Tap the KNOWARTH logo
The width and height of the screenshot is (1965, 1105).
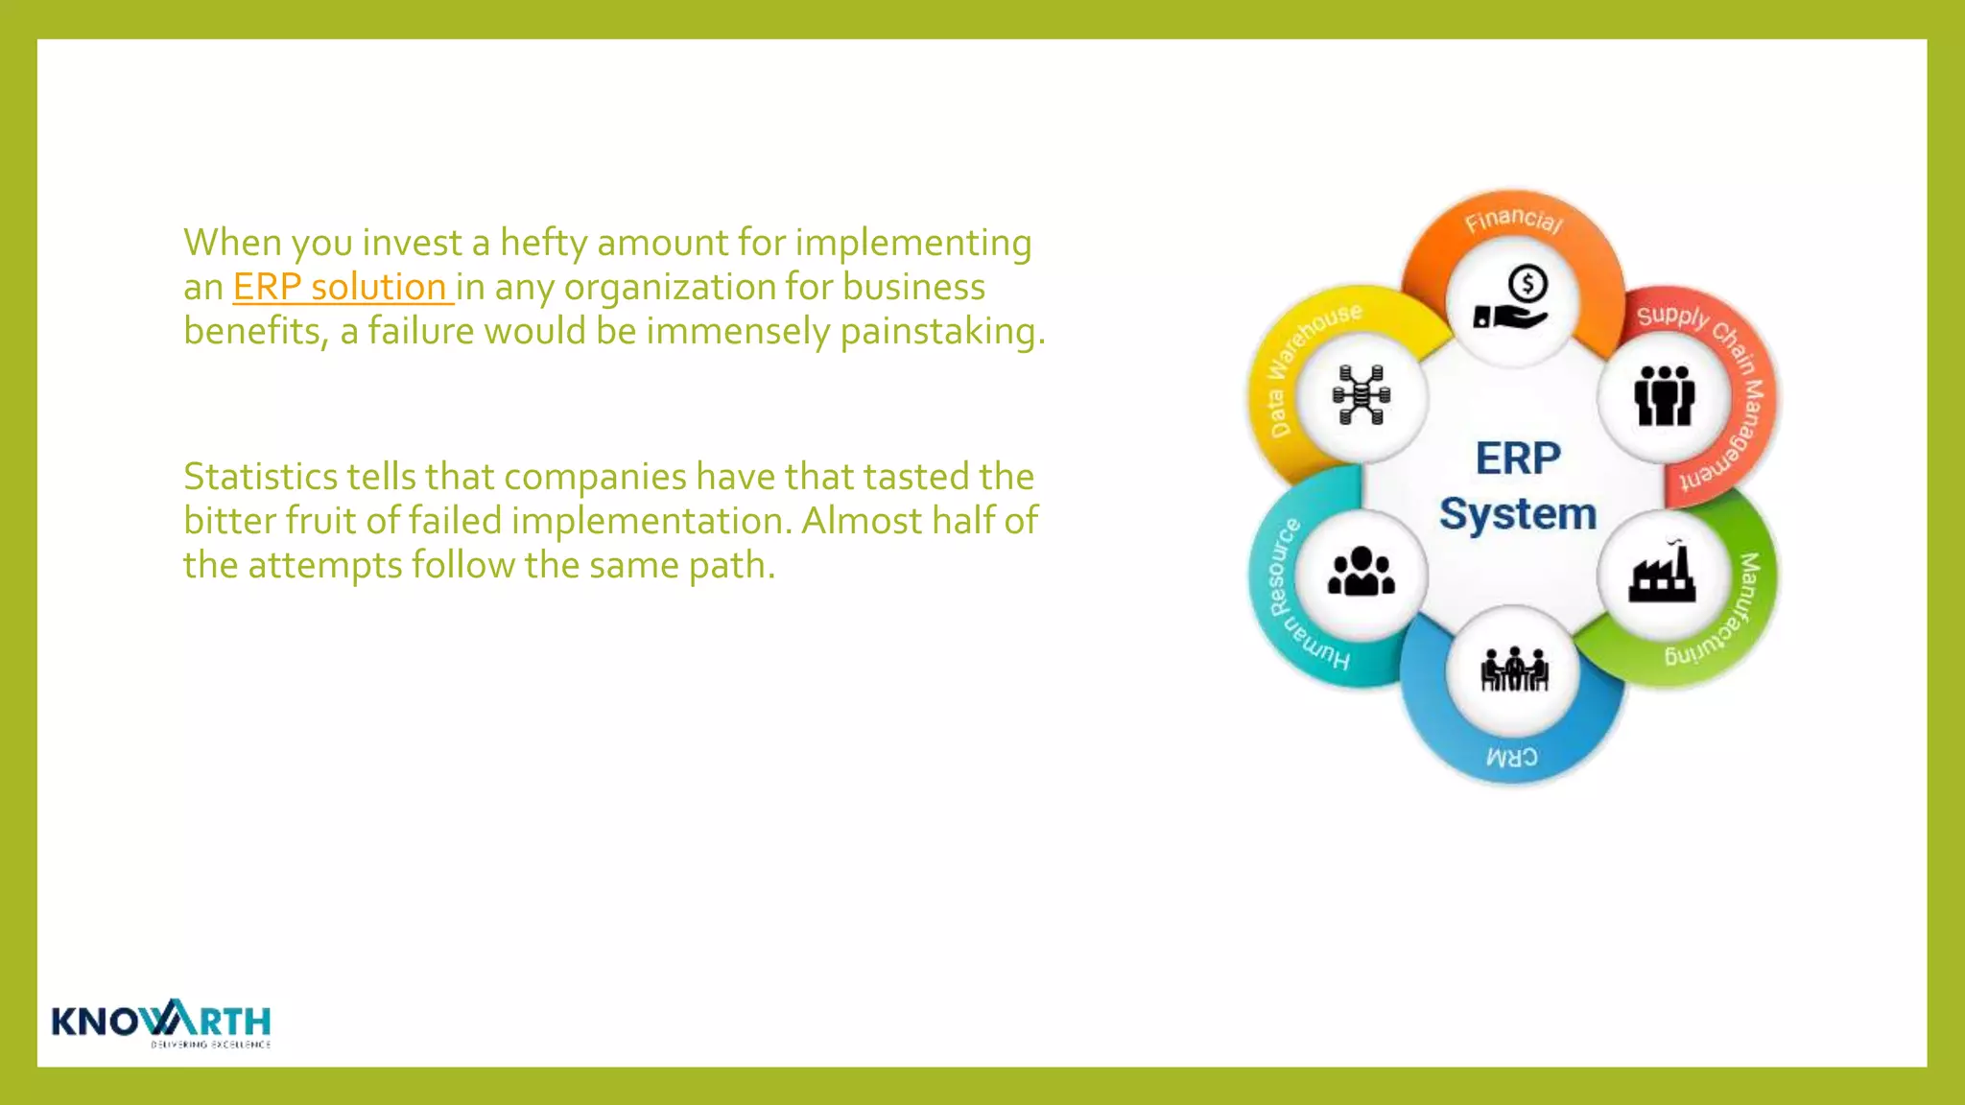161,1023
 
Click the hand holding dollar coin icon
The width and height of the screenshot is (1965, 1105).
1512,299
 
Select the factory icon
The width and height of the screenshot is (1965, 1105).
1663,574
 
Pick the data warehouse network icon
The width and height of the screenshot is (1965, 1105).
1361,394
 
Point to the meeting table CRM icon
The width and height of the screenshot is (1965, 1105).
1513,669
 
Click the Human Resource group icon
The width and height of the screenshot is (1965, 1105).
1361,573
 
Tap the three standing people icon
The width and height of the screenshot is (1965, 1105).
1664,395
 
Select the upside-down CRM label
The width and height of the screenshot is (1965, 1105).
1512,757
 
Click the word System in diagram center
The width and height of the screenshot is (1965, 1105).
1517,514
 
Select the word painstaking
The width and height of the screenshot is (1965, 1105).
940,331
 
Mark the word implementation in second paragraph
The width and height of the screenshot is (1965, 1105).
651,521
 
